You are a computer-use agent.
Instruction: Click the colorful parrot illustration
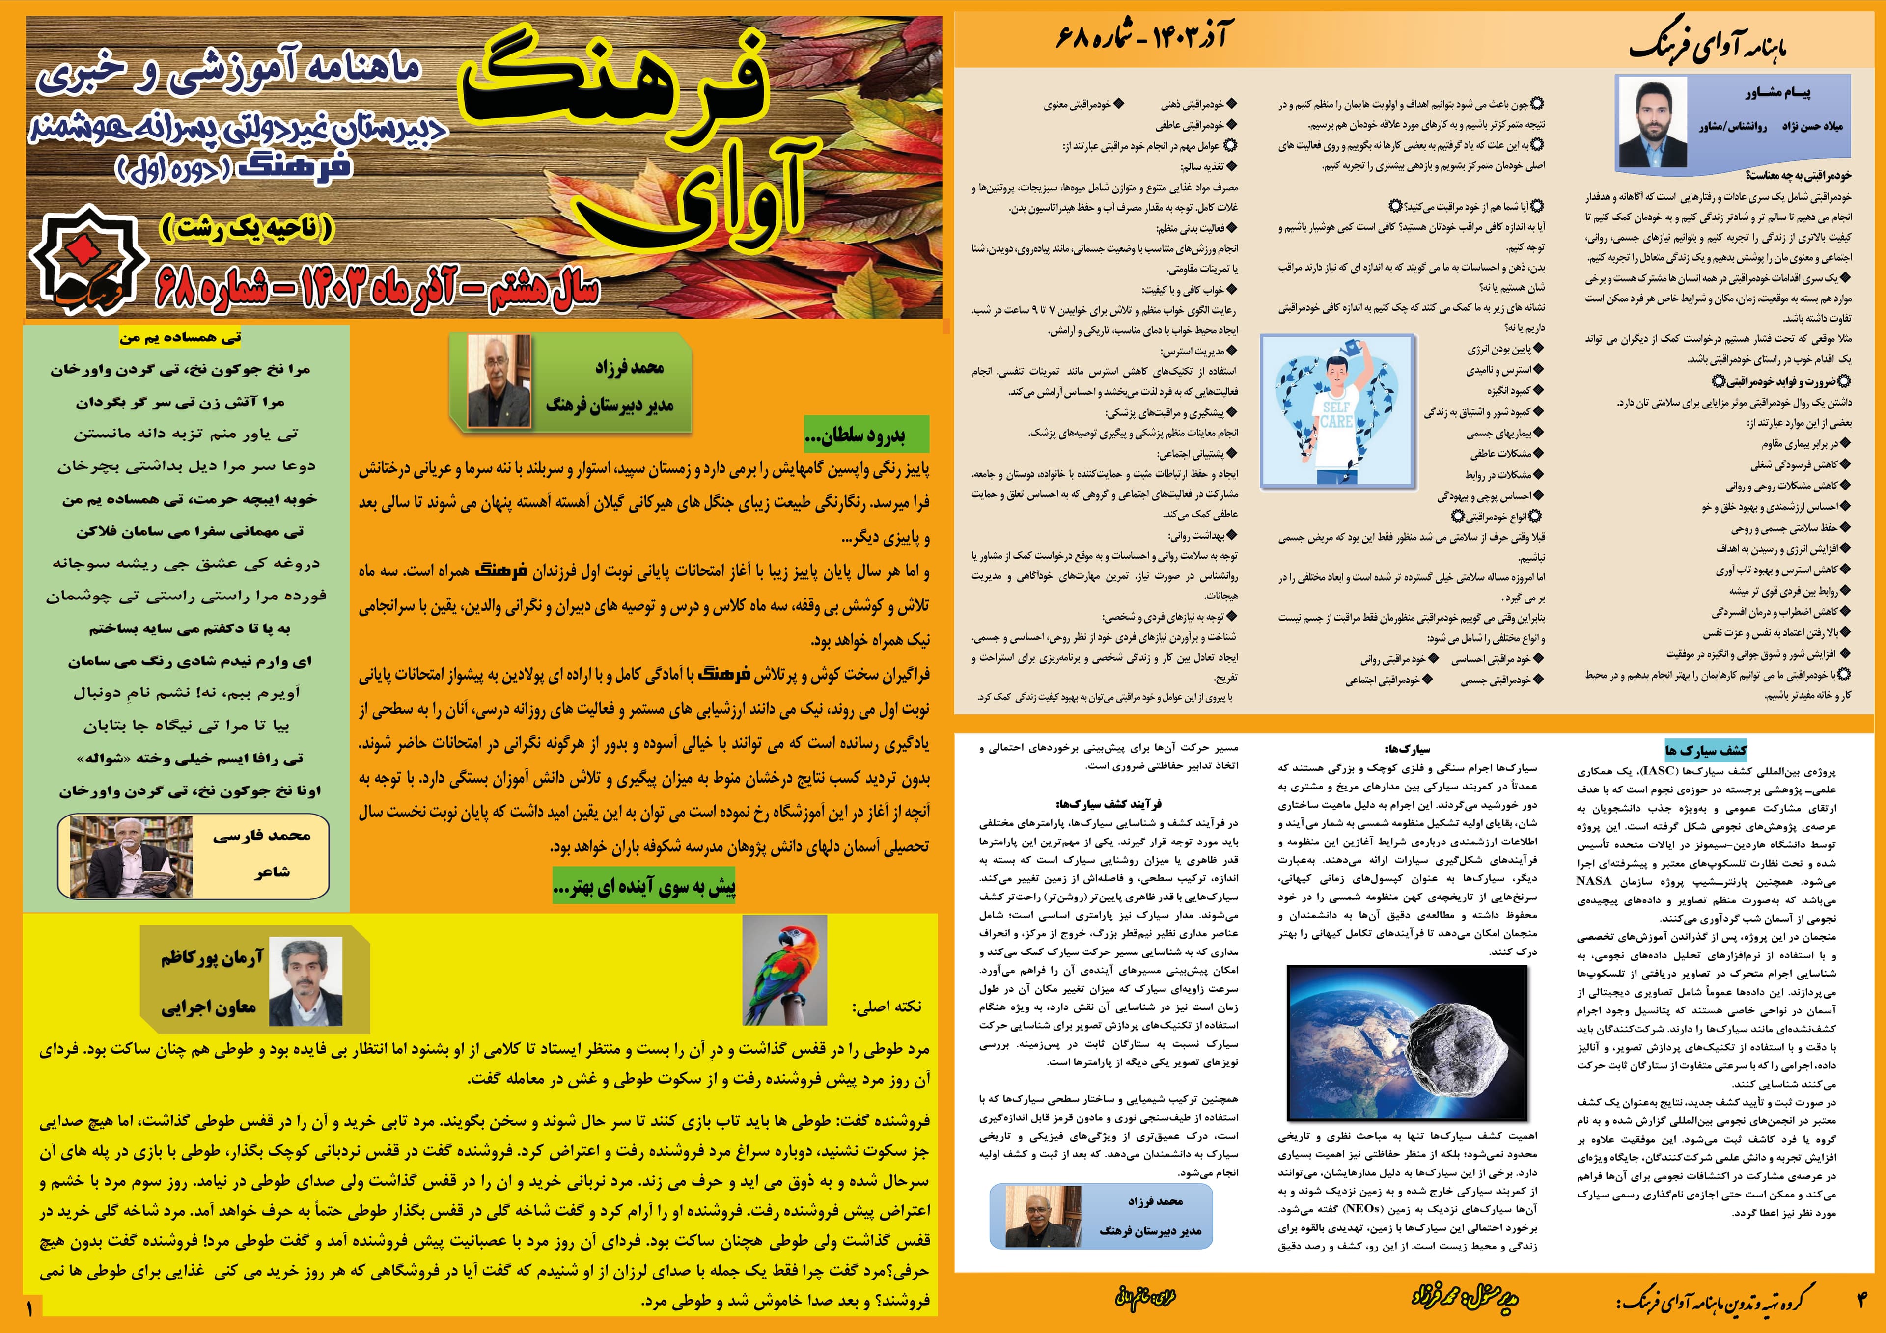(x=784, y=970)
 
